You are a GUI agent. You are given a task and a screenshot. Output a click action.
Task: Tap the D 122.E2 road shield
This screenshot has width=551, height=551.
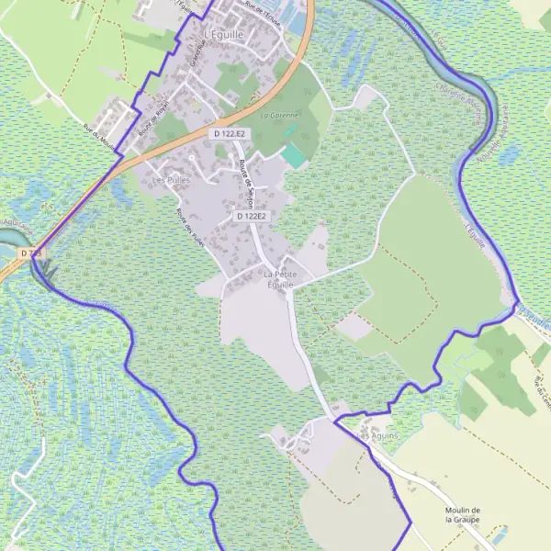[x=230, y=134]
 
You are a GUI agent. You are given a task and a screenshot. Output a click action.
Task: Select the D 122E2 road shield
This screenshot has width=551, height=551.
[x=251, y=216]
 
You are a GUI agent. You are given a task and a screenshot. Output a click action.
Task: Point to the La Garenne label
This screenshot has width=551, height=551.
[x=280, y=116]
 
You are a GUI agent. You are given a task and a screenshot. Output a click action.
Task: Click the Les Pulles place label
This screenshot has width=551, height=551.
[x=171, y=180]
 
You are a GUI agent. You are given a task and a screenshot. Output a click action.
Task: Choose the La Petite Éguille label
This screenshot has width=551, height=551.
[x=279, y=280]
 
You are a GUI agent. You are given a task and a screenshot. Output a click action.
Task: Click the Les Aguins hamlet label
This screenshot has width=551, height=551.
[x=378, y=435]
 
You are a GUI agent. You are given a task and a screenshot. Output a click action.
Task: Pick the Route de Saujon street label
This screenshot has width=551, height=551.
[x=245, y=180]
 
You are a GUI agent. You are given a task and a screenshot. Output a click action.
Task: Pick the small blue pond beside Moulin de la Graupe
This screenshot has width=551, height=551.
[x=500, y=533]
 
